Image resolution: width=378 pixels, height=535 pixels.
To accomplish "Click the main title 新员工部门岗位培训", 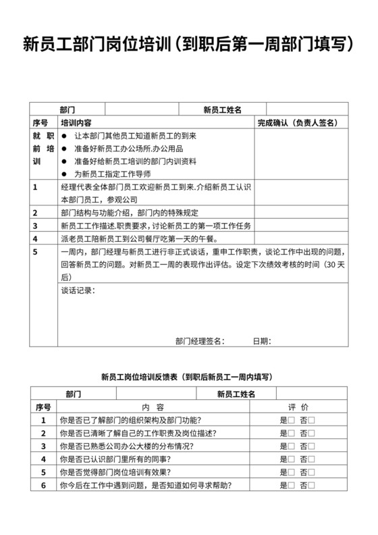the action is tap(189, 45).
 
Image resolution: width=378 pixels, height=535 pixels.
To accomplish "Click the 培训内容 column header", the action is tap(76, 123).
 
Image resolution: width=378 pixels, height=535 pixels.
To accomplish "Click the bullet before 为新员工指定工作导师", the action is tap(64, 174).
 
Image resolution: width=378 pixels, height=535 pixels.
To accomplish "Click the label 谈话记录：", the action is tap(78, 290).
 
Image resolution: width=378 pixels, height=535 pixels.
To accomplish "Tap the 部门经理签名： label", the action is tap(200, 340).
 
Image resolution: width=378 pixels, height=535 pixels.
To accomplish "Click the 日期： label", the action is tap(262, 340).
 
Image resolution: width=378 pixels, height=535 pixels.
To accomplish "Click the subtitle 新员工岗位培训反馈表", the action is tap(188, 376).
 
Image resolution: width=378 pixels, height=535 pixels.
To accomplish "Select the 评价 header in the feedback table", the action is tap(298, 407).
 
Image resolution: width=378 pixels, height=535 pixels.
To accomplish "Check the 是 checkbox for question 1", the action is tap(292, 420).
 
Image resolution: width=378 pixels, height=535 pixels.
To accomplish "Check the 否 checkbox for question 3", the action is tap(312, 447).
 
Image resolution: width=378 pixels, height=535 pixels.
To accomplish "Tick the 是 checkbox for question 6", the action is tap(292, 486).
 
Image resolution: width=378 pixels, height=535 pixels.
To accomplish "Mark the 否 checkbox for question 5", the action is tap(312, 473).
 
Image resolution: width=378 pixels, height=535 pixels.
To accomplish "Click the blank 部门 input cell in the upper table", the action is tap(142, 109).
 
